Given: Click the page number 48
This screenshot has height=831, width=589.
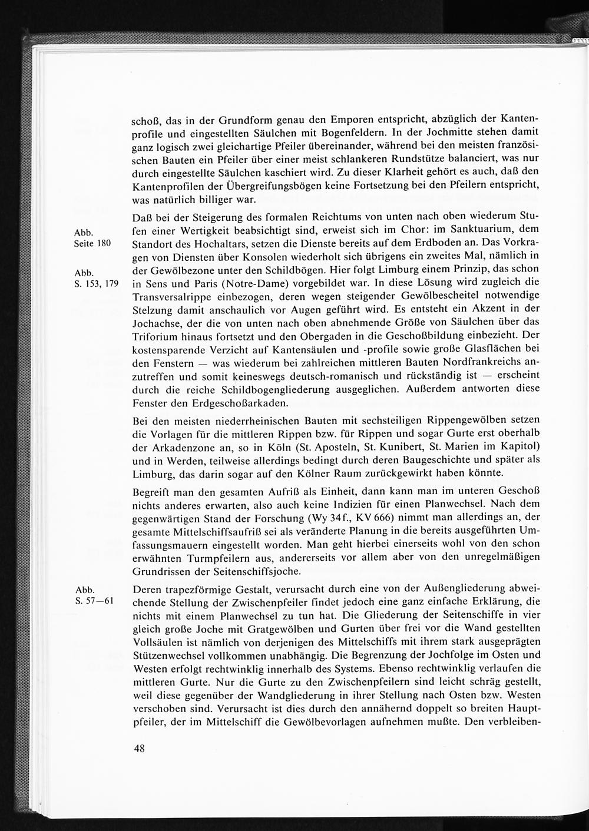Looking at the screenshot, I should (x=140, y=749).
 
